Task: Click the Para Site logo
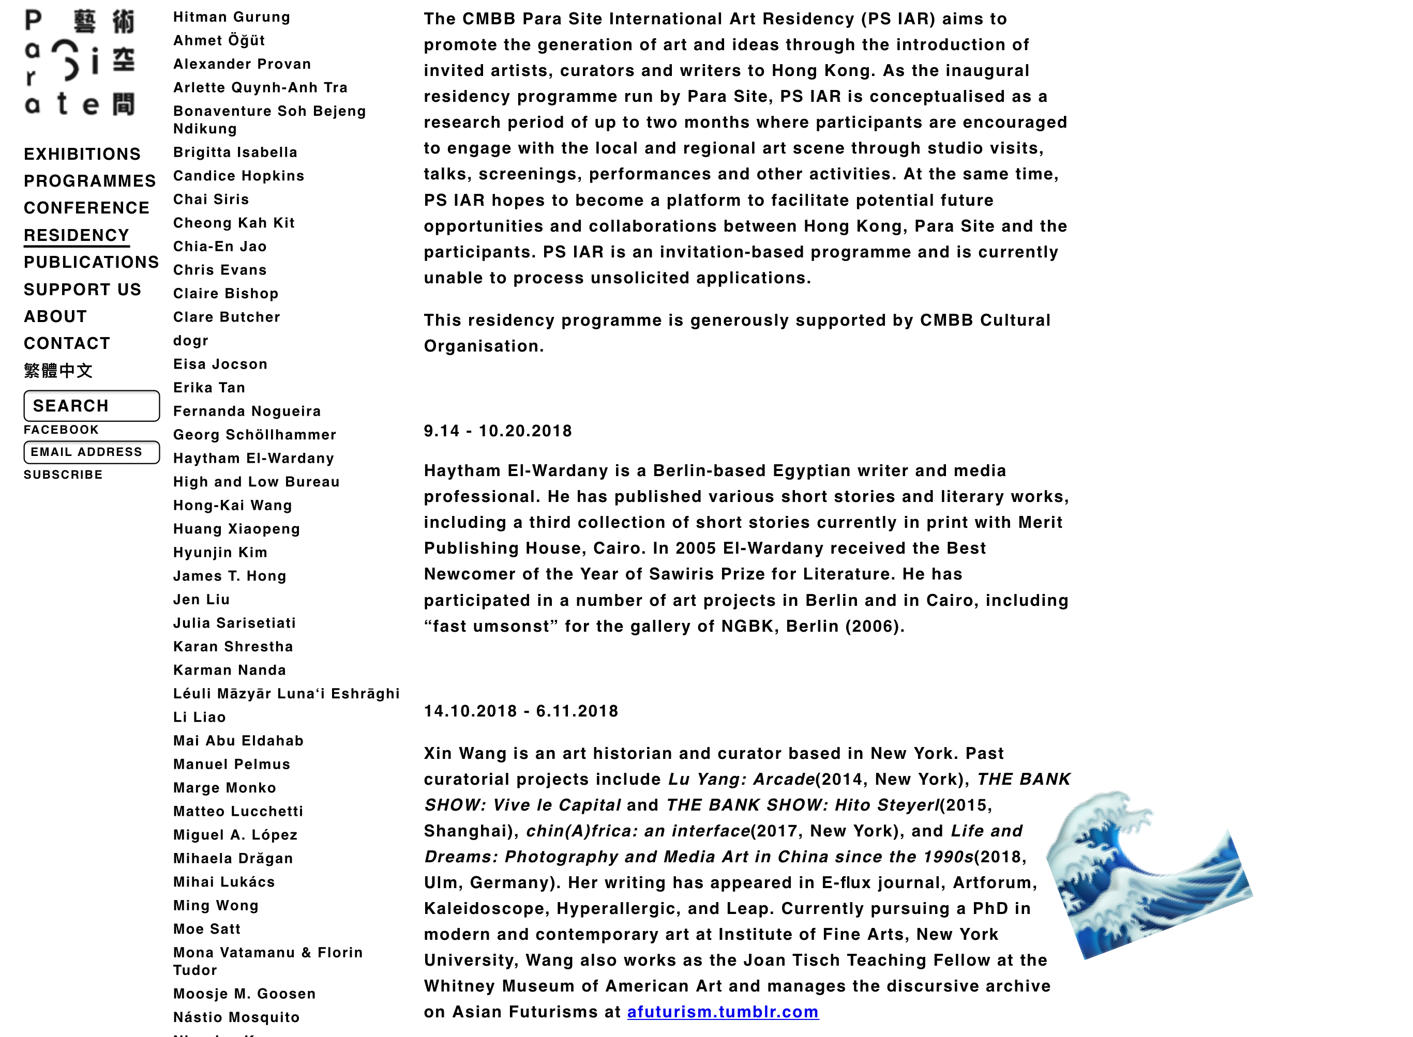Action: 80,63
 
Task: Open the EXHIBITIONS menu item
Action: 82,155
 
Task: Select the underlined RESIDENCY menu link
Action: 77,235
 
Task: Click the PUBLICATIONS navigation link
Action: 92,263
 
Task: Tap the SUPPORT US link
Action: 82,289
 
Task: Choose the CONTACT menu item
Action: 67,343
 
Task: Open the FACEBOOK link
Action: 61,430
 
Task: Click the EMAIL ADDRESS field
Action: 92,452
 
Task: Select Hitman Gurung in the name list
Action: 232,17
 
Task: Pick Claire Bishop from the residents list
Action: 226,294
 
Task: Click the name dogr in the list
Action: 191,341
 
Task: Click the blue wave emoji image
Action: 1149,876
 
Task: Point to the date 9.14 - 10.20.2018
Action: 498,431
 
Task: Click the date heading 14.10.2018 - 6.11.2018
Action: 521,711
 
